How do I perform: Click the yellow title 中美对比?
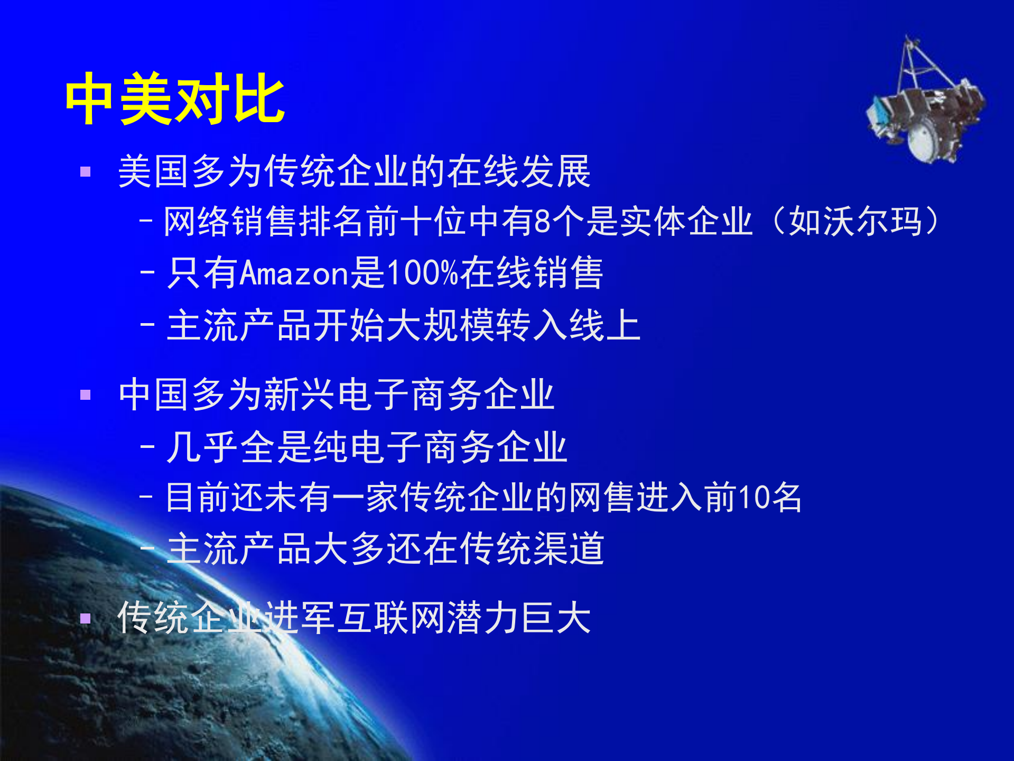point(174,99)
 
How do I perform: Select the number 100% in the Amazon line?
point(422,273)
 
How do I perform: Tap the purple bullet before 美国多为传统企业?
point(85,172)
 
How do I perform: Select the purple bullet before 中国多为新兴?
point(85,395)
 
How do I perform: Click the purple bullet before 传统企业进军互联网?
point(85,618)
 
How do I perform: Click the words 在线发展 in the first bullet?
point(518,172)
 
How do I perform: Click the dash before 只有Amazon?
point(147,273)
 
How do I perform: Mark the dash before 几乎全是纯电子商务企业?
point(147,447)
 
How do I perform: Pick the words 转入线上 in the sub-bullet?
point(568,325)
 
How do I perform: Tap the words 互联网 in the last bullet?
point(392,618)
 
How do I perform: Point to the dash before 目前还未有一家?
point(146,497)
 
